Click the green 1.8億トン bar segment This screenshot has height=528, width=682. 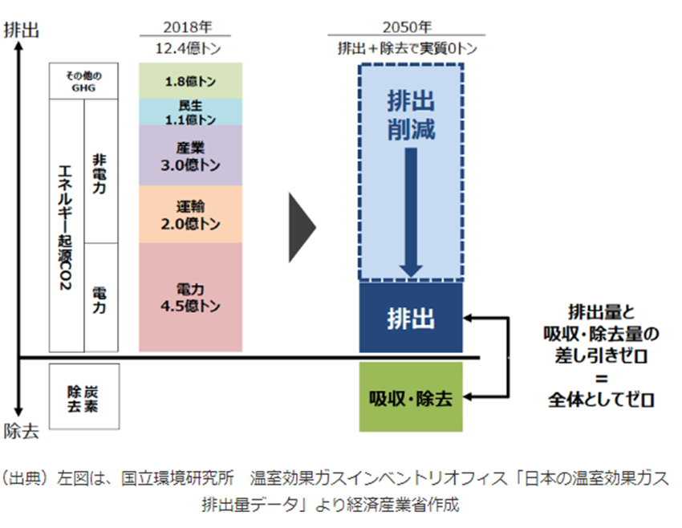point(190,81)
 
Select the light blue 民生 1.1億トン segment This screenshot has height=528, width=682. point(190,112)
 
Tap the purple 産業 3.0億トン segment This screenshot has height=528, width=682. point(190,156)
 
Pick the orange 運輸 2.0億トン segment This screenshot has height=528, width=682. point(190,214)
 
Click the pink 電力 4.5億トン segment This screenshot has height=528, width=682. point(190,297)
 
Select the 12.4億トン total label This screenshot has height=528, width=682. point(190,48)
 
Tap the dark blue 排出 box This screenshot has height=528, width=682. point(411,318)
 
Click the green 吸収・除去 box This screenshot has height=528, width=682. point(411,398)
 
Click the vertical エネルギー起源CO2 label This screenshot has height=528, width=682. point(67,225)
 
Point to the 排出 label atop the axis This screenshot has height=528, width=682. point(21,30)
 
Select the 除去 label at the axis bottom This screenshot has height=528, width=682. point(21,431)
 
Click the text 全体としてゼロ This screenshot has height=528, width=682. point(601,399)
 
